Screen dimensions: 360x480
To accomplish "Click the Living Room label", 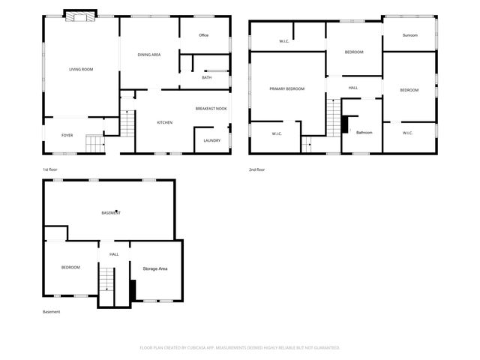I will coord(81,70).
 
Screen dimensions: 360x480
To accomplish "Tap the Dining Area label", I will coord(149,55).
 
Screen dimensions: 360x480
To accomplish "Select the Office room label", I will coord(203,35).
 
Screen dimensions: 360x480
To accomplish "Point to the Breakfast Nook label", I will coord(211,109).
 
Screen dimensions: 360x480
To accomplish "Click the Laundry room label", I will coord(211,140).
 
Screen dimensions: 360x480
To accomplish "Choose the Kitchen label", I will coord(164,122).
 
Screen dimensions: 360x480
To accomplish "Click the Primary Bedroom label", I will coord(287,89).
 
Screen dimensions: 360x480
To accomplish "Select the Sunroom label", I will coord(409,35).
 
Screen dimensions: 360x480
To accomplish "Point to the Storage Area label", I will coord(154,268).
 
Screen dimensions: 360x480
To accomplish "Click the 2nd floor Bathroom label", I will coord(364,133).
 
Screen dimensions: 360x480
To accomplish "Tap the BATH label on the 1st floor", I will coord(206,77).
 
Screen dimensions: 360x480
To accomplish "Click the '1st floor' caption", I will coord(49,169).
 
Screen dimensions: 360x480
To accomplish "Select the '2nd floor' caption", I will coord(256,169).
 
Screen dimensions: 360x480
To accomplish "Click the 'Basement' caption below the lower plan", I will coord(51,312).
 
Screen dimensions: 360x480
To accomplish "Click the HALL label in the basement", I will coord(114,254).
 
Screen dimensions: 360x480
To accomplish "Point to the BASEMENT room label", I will coord(111,214).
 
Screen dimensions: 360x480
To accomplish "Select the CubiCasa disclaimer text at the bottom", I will coord(240,348).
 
